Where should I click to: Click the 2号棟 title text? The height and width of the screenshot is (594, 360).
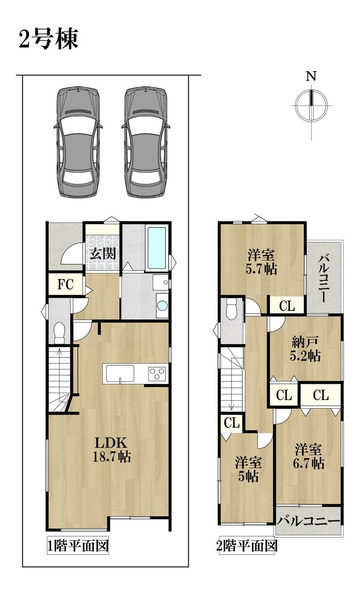pos(49,39)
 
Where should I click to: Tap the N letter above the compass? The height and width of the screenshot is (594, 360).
pos(311,76)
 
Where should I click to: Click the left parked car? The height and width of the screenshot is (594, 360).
pos(78,142)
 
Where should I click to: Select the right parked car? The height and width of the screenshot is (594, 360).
pos(146,142)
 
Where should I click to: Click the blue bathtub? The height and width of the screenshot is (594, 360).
pos(157,248)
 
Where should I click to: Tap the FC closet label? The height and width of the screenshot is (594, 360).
pos(66,285)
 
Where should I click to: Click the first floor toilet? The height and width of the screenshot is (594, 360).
pos(59,333)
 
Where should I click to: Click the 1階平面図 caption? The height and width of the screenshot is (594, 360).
pos(78,546)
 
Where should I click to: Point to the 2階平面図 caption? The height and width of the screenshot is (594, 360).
pos(247,546)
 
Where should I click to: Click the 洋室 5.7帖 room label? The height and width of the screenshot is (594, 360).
pos(261,262)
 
